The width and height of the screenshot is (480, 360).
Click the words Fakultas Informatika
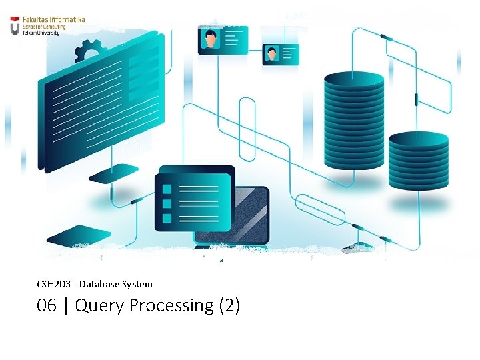(x=54, y=20)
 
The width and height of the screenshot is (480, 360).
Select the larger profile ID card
(x=223, y=40)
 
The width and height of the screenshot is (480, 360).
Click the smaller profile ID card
(x=280, y=54)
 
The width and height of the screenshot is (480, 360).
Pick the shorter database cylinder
(x=418, y=161)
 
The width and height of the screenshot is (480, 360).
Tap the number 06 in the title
(x=47, y=306)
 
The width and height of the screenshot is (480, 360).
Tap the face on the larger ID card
(x=211, y=39)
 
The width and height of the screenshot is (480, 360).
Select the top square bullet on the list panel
(x=167, y=189)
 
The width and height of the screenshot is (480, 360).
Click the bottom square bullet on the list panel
(x=167, y=217)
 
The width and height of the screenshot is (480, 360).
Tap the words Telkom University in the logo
(x=41, y=33)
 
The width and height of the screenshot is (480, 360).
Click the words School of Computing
(x=43, y=27)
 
